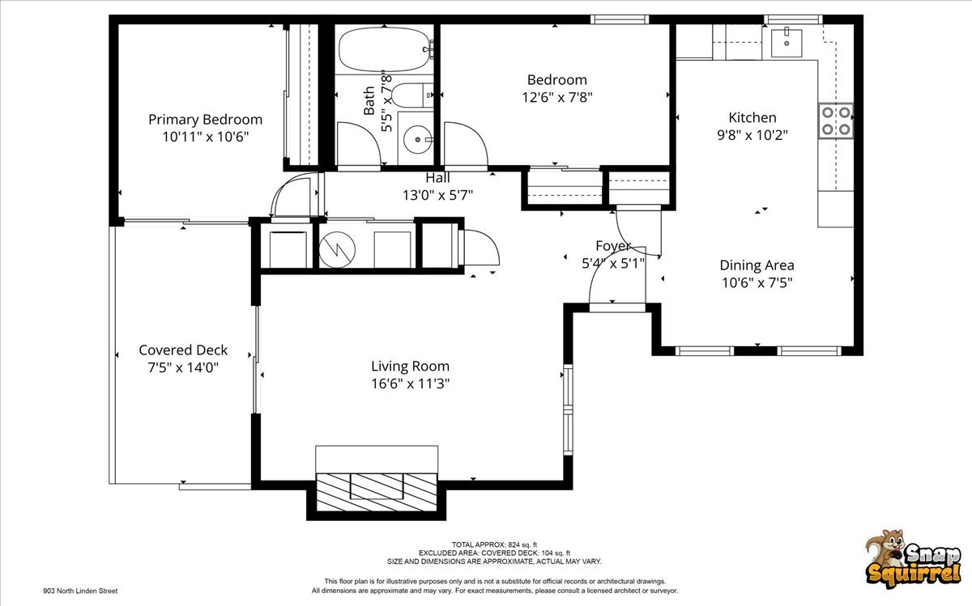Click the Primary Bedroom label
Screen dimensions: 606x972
[x=205, y=120]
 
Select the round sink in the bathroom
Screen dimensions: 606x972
[x=418, y=140]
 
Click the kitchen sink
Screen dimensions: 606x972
[x=786, y=42]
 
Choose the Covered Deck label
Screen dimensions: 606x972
[x=183, y=350]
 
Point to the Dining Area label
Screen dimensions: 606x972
[x=757, y=265]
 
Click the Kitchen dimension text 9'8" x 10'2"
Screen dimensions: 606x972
[x=752, y=135]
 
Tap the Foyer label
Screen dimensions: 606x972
[x=613, y=246]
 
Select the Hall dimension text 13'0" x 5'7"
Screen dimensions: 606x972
[x=437, y=195]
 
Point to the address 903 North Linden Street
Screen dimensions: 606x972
[x=80, y=591]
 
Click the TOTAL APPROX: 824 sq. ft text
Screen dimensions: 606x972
[x=494, y=545]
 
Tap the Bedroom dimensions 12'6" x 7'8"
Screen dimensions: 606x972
[x=556, y=97]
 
